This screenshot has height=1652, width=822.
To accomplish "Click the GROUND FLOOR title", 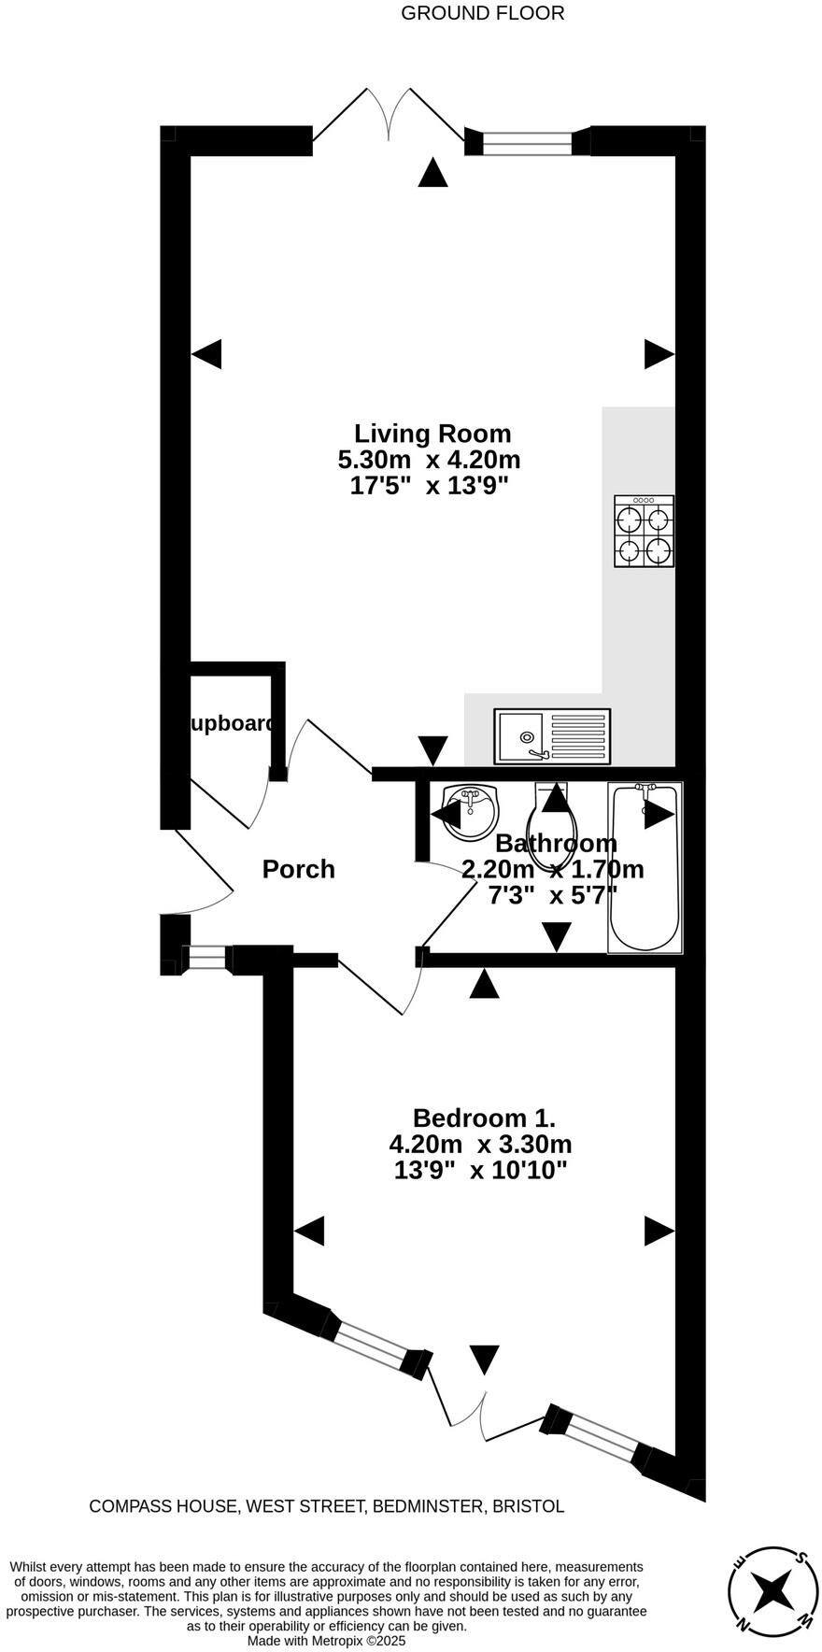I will tap(482, 13).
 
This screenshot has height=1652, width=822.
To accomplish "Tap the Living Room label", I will tap(432, 434).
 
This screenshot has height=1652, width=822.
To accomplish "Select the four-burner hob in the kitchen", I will tap(644, 531).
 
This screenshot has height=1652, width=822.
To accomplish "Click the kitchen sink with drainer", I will tap(553, 735).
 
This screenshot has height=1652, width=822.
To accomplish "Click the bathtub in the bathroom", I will tap(645, 867).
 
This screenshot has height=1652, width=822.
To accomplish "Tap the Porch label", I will tap(298, 869).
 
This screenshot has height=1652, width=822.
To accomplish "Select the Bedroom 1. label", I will tap(484, 1118).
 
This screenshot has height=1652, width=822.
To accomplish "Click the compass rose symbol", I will tap(773, 1588).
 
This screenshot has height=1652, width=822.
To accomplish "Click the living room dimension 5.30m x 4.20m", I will tap(429, 460).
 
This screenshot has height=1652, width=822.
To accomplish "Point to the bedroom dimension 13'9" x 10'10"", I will tap(481, 1170).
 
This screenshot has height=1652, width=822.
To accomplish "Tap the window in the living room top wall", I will tap(528, 143).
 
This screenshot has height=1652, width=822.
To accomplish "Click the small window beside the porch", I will tap(205, 958).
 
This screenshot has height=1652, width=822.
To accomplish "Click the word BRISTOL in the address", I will tap(528, 1506).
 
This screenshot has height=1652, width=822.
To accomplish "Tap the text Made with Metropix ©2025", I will tap(327, 1640).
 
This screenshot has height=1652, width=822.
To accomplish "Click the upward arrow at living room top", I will tap(432, 173).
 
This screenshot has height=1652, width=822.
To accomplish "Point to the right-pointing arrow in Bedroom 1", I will tap(659, 1231).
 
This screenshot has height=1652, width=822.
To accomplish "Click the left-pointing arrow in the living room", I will tap(207, 354).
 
